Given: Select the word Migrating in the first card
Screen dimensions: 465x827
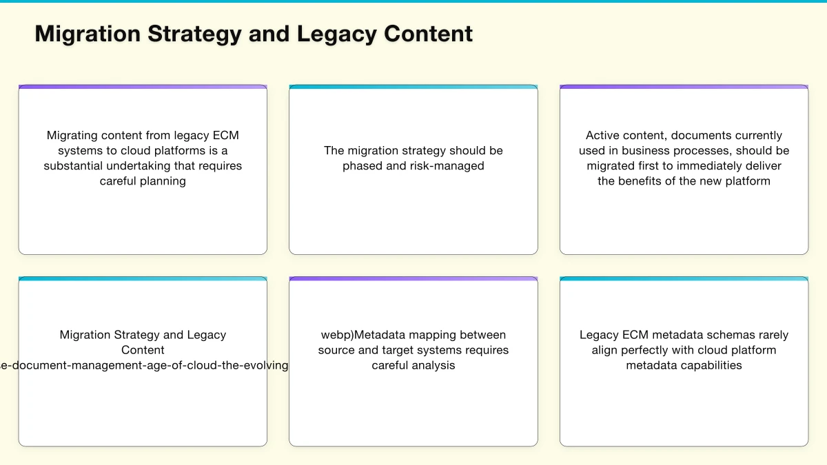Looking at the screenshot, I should [x=71, y=136].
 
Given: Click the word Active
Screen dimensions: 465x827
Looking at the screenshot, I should [x=603, y=136].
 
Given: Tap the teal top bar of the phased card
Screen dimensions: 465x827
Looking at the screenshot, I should [x=413, y=87].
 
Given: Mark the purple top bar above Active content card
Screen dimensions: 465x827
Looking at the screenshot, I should [x=684, y=87].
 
